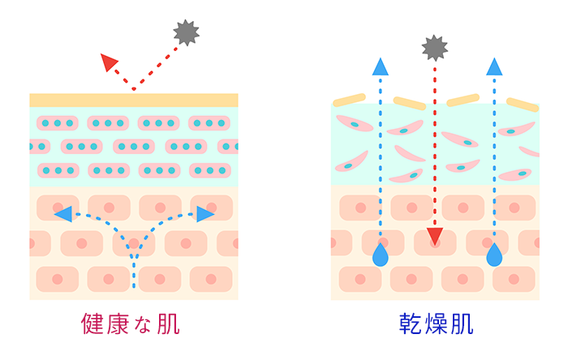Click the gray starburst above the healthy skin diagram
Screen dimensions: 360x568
(186, 33)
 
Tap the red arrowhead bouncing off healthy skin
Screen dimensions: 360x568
(109, 62)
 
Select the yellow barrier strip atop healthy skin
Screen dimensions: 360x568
(134, 100)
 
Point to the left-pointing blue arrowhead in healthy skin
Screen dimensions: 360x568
(62, 214)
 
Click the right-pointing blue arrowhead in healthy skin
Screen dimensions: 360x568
(204, 214)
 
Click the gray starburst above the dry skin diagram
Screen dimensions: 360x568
(435, 48)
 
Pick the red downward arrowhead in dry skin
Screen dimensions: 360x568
(436, 237)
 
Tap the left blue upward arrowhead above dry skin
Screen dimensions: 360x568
(379, 66)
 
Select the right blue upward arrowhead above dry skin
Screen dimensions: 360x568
(493, 66)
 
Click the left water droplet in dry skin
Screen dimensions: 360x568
(379, 256)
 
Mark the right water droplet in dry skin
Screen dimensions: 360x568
(493, 256)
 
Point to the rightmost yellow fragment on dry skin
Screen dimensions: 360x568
(523, 105)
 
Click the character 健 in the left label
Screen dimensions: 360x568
(95, 324)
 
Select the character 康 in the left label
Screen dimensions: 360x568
(119, 324)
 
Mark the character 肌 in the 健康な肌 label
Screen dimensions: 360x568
(168, 324)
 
